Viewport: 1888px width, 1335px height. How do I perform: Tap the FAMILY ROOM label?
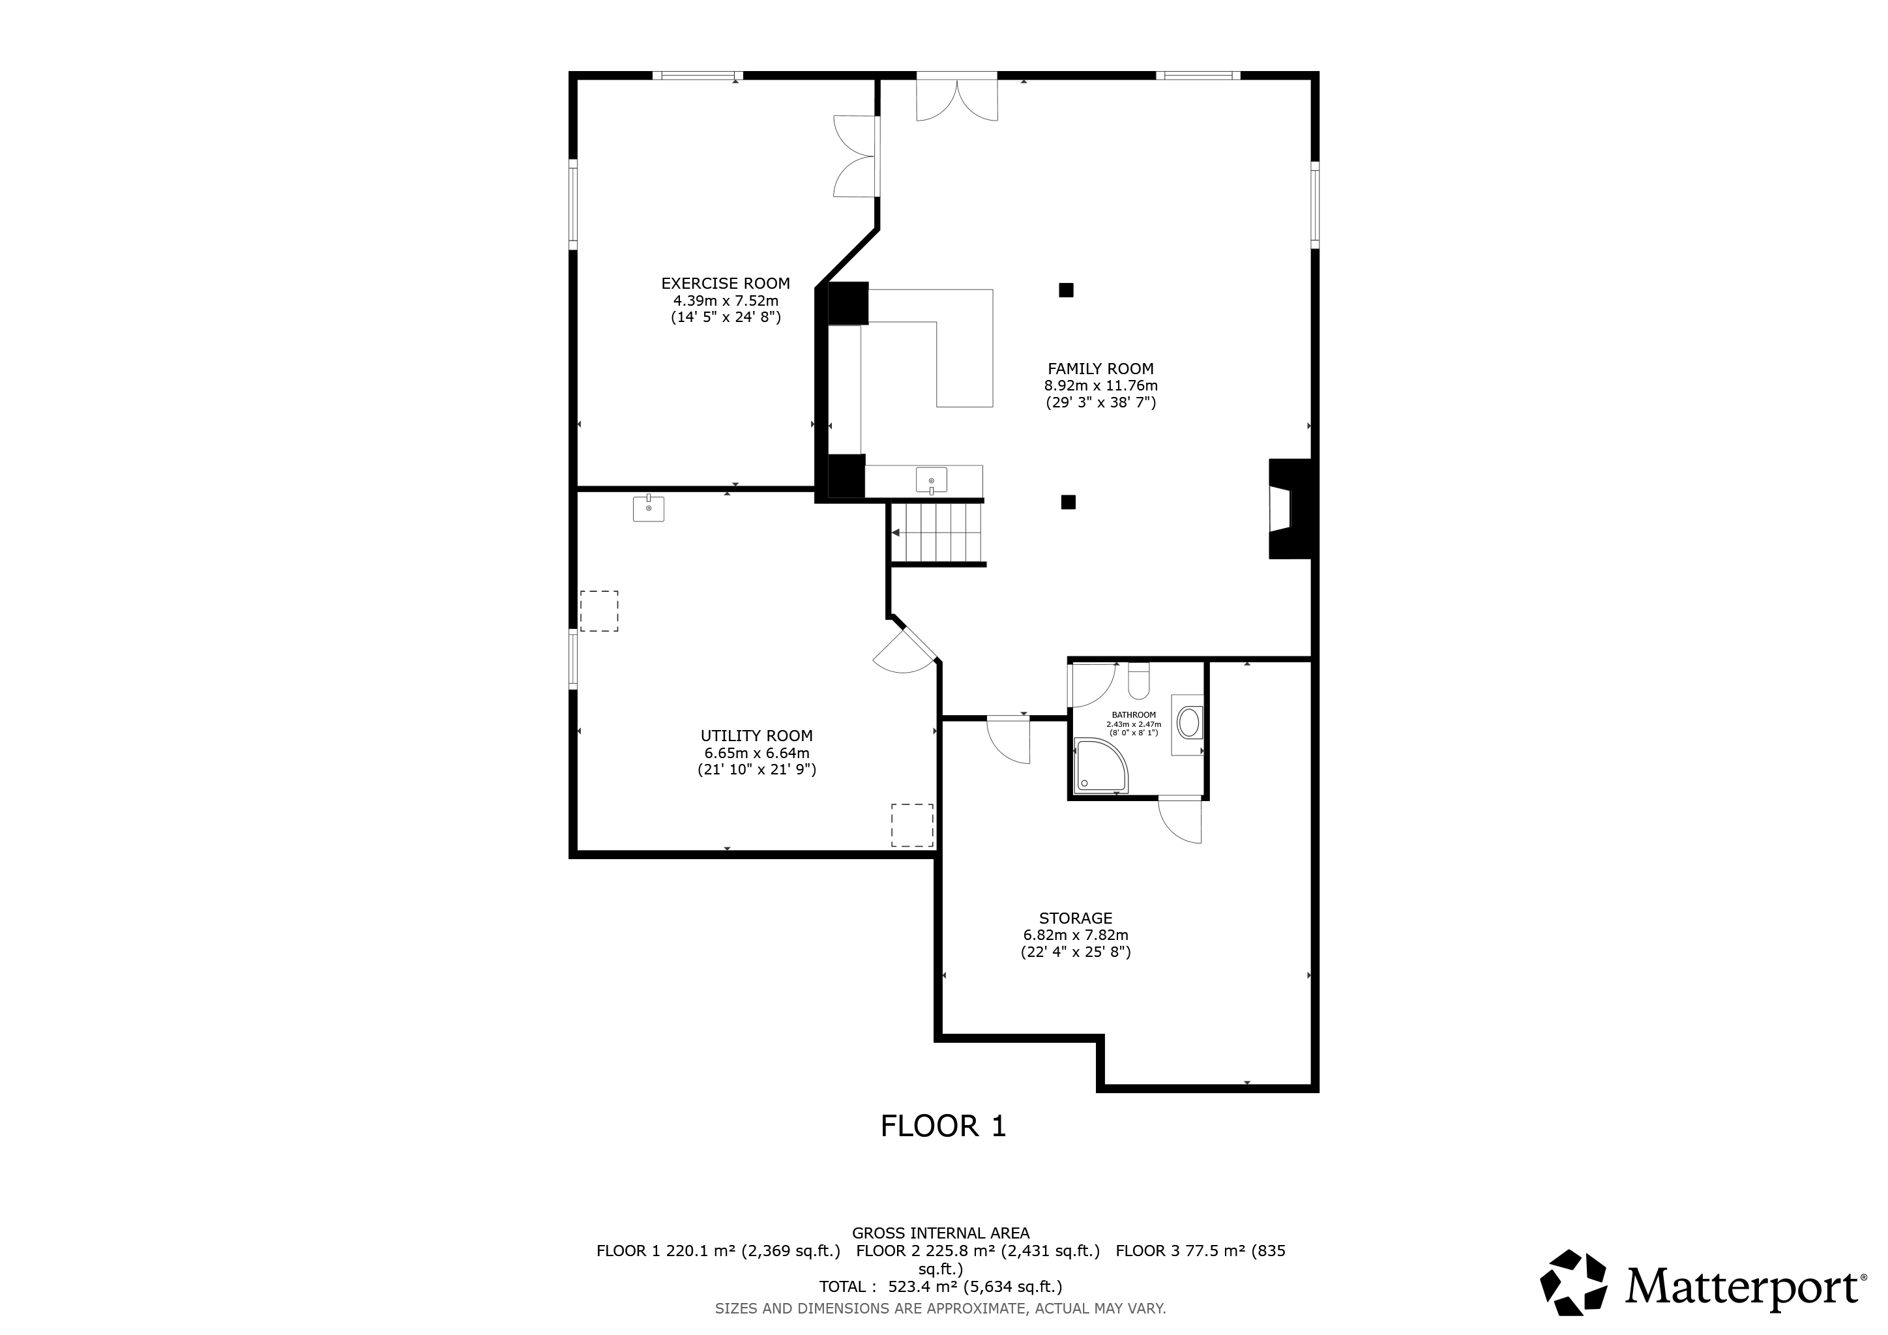coord(1100,369)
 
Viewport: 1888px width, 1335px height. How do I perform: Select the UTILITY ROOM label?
coord(756,736)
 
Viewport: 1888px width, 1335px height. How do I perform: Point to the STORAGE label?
coord(1076,918)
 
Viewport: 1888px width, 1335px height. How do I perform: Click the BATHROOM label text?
coord(1134,715)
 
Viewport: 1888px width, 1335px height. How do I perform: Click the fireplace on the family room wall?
coord(1291,509)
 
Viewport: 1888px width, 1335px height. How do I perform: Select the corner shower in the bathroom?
coord(1101,766)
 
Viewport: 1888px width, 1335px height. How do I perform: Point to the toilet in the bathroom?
coord(1139,680)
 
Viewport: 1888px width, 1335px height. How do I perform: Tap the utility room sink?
coord(648,508)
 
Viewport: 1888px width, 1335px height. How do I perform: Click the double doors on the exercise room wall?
coord(856,156)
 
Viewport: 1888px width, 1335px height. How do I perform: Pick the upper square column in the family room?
coord(1066,289)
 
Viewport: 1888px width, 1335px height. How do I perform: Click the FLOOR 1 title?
coord(943,1126)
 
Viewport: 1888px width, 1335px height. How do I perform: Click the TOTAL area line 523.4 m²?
coord(941,1287)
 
